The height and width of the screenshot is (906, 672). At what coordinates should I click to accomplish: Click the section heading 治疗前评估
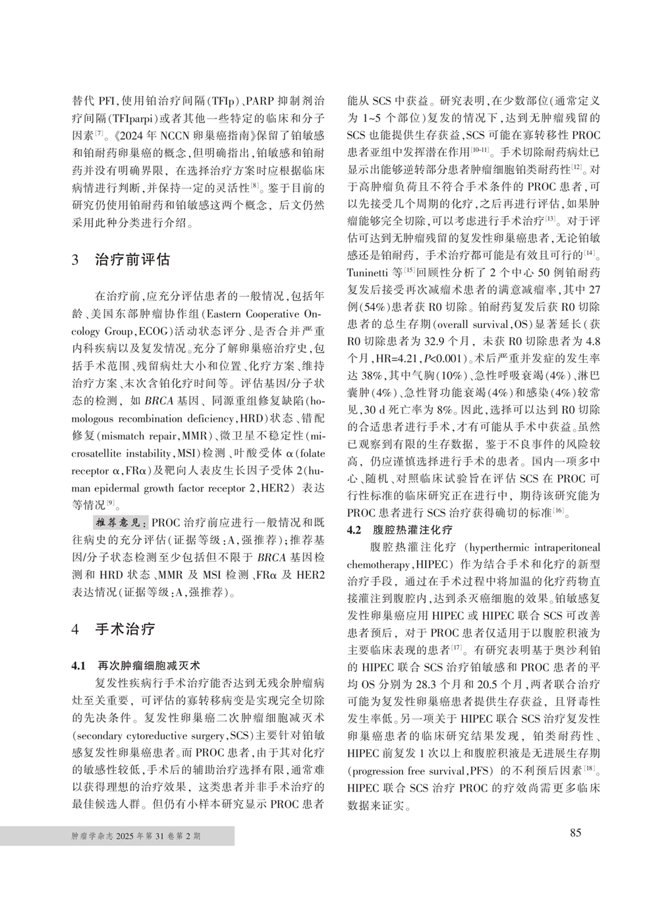132,259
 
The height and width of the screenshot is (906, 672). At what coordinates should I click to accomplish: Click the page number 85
575,833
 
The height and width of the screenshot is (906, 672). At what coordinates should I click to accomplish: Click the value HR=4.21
409,359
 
